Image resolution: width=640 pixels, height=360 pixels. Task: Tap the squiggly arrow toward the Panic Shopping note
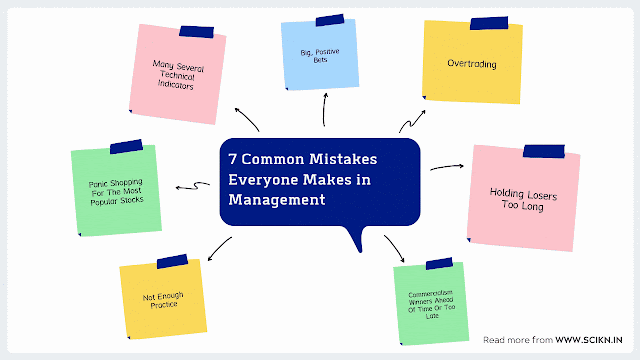[193, 185]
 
